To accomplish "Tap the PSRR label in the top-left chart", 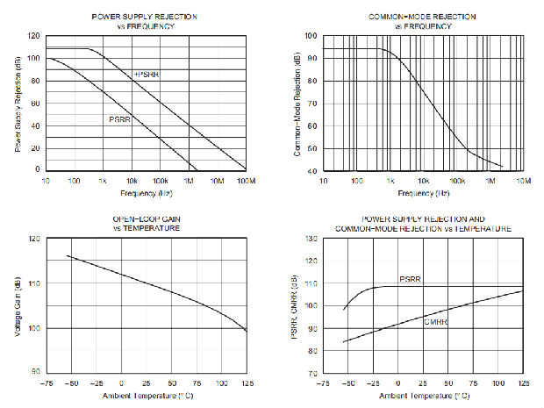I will [120, 119].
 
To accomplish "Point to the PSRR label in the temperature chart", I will [411, 280].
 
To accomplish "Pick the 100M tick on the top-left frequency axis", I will [246, 180].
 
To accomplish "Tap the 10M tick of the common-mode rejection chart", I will [523, 180].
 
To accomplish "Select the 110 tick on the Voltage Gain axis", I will [33, 283].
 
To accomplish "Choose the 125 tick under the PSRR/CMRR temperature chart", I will [524, 383].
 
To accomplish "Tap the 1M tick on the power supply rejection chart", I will [190, 180].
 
